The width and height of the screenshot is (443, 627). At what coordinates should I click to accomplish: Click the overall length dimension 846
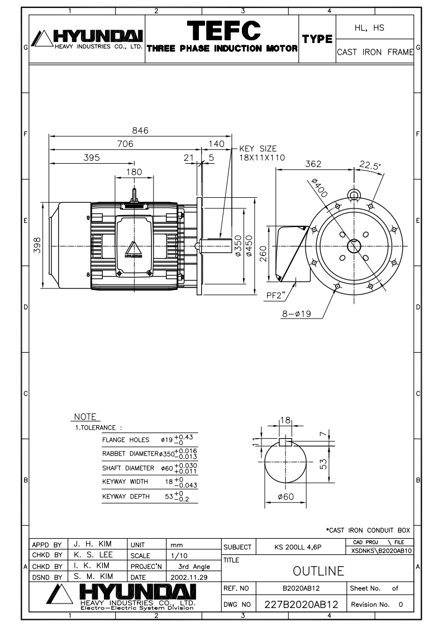(140, 130)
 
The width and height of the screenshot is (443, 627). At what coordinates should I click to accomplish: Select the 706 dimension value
(125, 144)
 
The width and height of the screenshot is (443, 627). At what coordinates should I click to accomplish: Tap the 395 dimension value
(92, 158)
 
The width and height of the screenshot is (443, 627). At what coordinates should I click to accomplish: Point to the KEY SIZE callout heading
(258, 149)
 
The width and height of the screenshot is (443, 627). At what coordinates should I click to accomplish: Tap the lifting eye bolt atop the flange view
(353, 194)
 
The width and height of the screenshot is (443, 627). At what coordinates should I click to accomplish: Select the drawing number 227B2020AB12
(301, 604)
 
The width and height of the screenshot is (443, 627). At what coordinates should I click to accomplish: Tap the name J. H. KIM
(90, 543)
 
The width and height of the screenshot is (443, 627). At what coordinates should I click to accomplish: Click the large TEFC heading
(222, 31)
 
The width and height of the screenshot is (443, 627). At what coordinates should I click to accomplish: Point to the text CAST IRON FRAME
(375, 52)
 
